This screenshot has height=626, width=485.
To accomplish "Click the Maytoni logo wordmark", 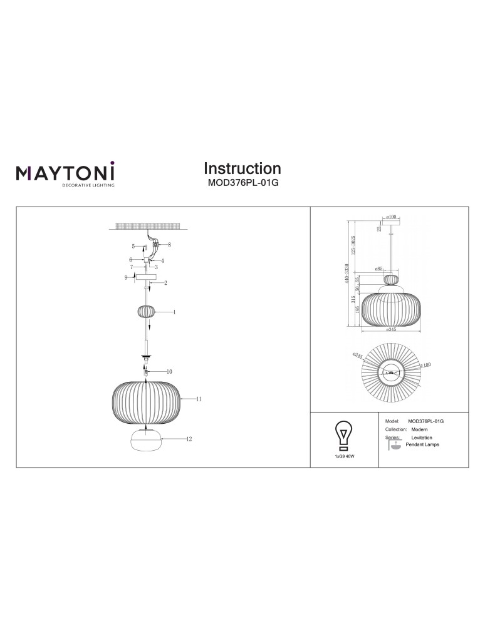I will click(x=65, y=172).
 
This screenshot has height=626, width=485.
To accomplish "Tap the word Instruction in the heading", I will click(x=242, y=168).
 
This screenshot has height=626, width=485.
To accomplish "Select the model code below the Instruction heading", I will click(x=242, y=184).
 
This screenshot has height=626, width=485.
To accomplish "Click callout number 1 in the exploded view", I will click(x=174, y=312).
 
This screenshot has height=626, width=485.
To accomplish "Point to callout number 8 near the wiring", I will click(x=169, y=245).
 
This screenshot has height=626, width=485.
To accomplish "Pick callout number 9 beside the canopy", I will click(x=126, y=277).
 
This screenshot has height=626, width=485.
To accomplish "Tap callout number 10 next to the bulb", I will click(x=169, y=371).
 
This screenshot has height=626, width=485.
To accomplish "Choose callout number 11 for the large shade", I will click(x=198, y=399).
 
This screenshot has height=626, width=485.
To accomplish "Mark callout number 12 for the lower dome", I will click(x=188, y=439).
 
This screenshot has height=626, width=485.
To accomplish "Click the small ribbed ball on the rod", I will click(x=146, y=311).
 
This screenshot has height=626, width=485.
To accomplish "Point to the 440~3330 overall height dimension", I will click(x=346, y=274).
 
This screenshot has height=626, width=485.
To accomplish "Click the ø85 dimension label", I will click(x=378, y=269).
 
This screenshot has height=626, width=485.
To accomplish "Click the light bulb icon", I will click(x=344, y=434).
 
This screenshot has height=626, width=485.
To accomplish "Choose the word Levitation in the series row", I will click(x=422, y=438).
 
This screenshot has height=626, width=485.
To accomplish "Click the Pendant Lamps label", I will click(x=423, y=444).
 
